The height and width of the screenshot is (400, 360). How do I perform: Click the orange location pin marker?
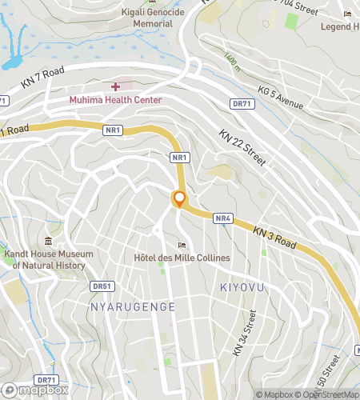179,200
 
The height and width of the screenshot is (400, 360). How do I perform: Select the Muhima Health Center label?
115,100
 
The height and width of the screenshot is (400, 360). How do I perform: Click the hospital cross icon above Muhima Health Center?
116,86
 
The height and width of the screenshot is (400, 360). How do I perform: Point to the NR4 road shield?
223,218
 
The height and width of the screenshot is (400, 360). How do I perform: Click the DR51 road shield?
102,285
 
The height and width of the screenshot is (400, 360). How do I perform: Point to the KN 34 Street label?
245,334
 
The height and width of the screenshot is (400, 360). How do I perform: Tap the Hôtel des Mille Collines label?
182,258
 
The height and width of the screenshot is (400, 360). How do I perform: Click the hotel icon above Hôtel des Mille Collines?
182,245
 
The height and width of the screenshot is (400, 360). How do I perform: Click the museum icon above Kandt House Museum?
50,241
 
